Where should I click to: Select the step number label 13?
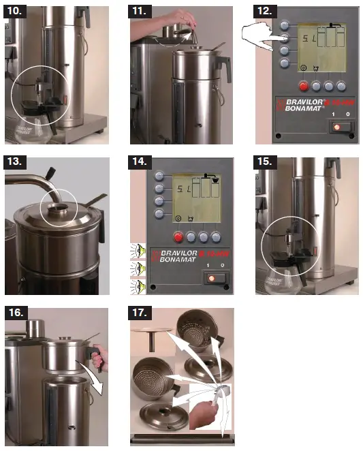16,164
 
